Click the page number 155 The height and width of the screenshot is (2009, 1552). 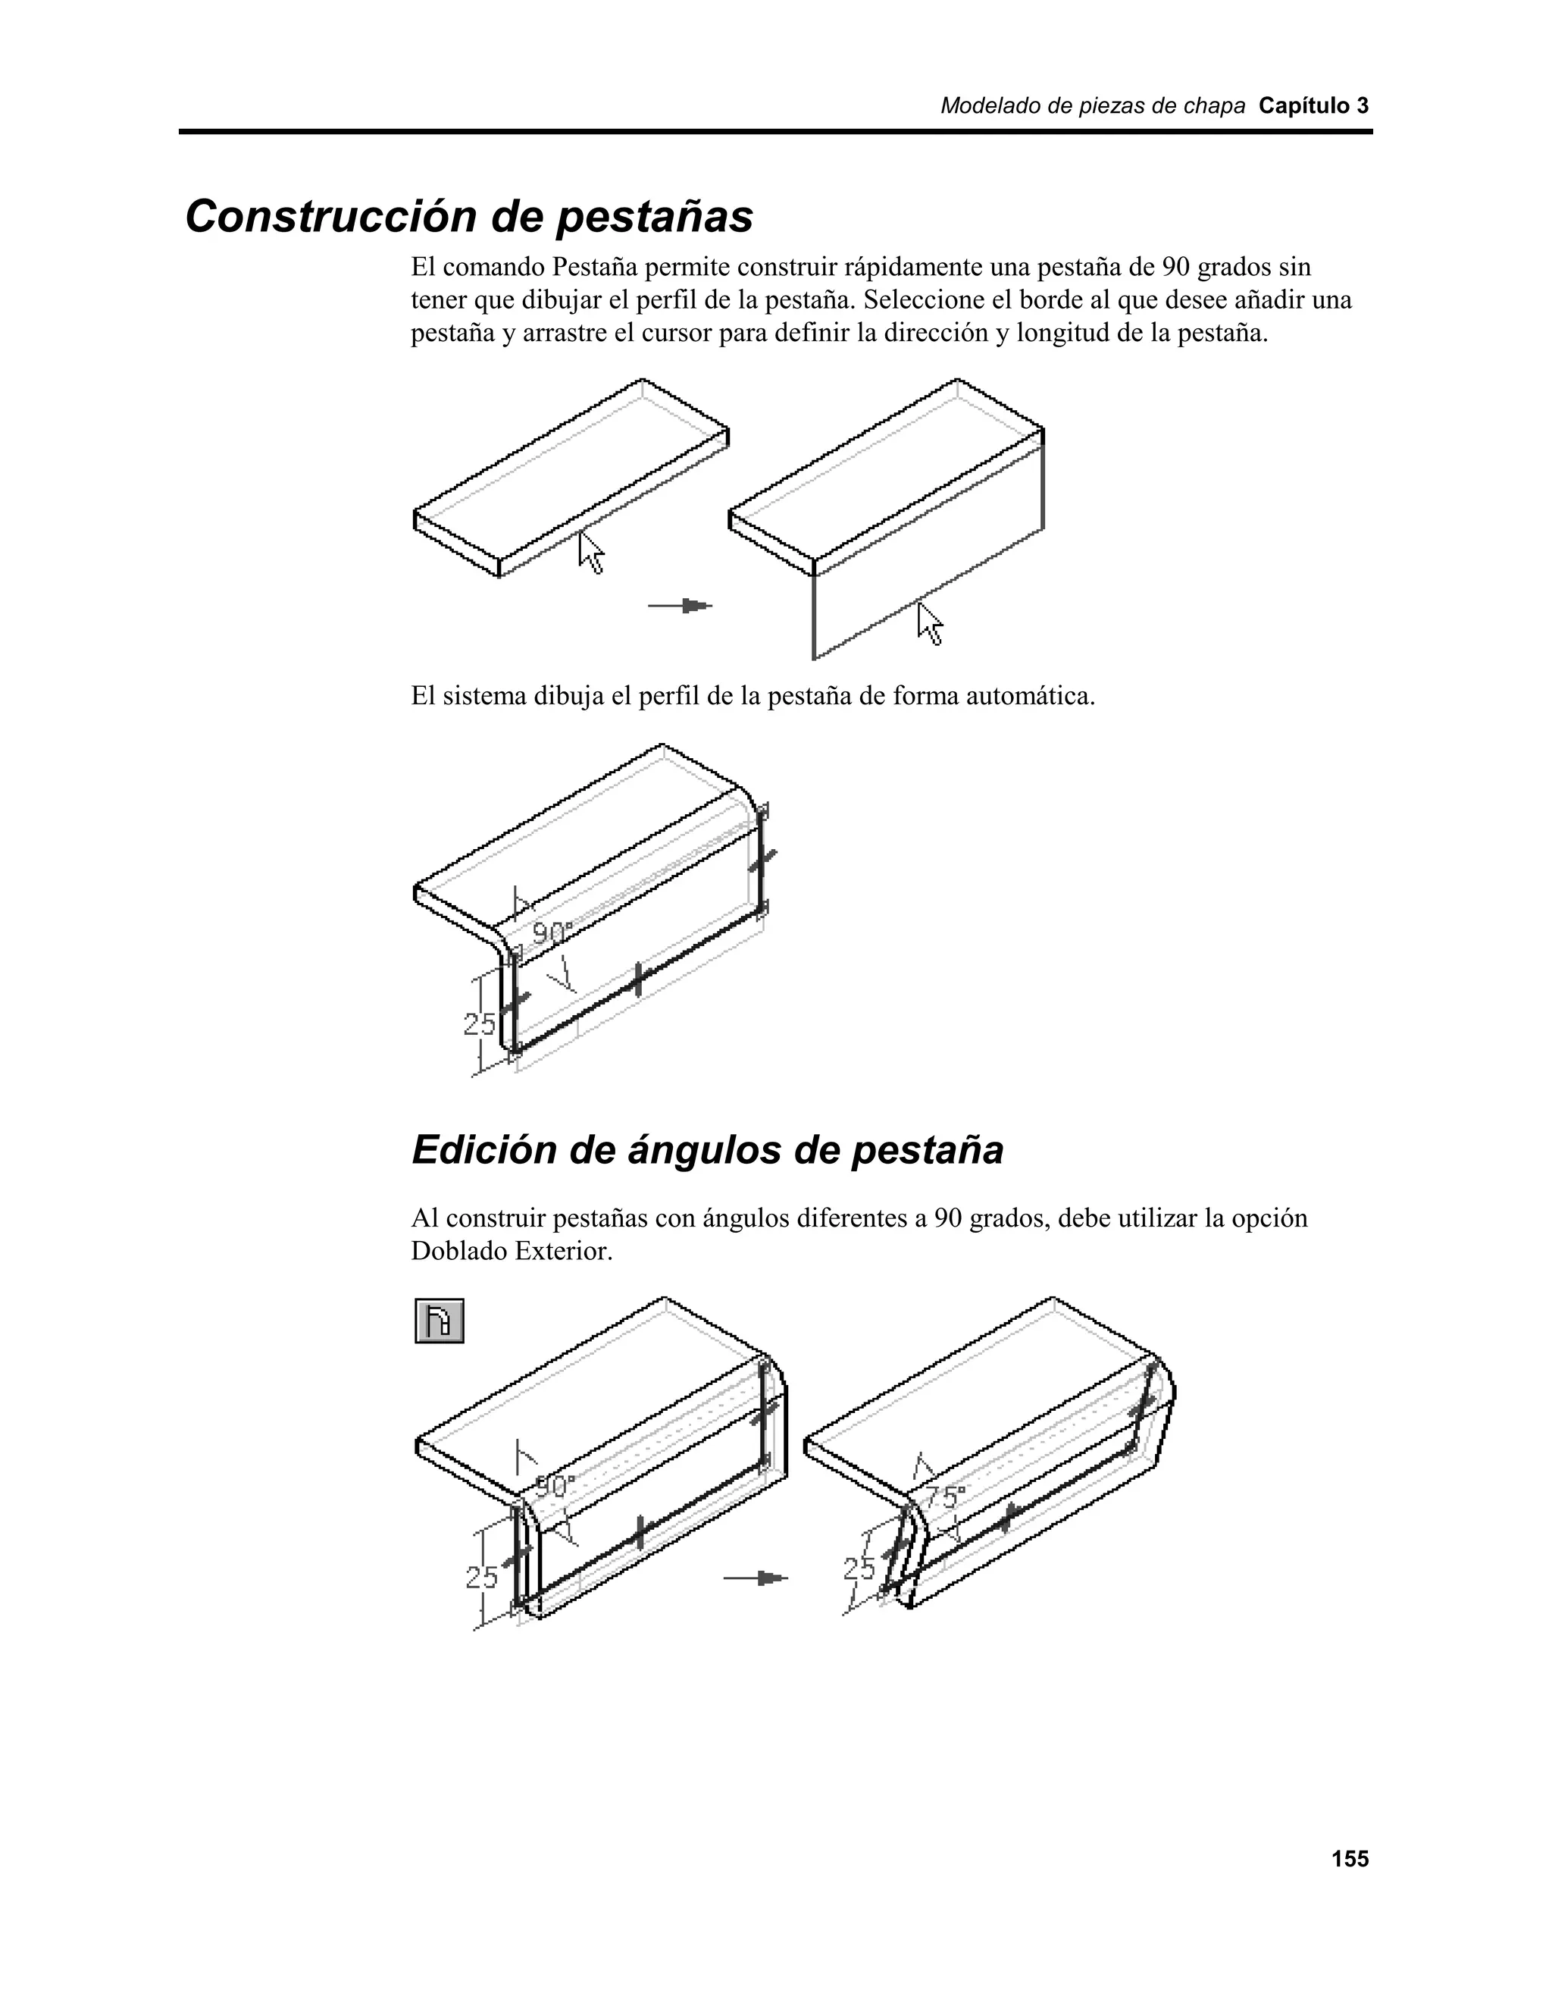(x=1350, y=1859)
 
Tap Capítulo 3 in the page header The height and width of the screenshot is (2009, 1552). (x=1313, y=106)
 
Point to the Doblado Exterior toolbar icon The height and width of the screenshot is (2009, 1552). (x=440, y=1321)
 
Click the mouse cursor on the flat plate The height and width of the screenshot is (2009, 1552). (x=591, y=553)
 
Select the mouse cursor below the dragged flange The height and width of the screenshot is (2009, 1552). (x=931, y=625)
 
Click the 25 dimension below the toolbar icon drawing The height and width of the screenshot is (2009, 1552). (x=482, y=1578)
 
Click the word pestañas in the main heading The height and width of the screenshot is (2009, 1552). (x=655, y=217)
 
